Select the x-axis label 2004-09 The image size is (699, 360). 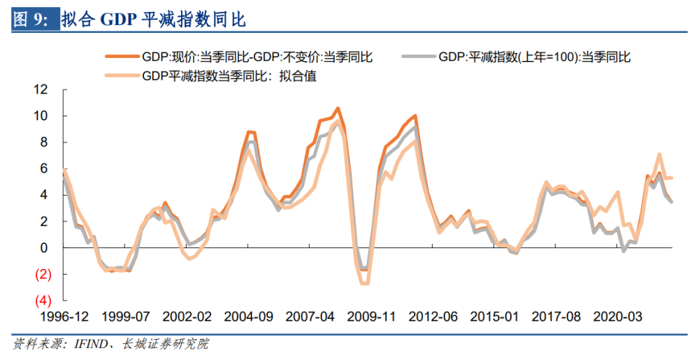[x=248, y=317]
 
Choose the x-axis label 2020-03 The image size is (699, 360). [x=617, y=317]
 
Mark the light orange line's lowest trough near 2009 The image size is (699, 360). [x=364, y=283]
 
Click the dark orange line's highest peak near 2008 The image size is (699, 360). [x=338, y=108]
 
